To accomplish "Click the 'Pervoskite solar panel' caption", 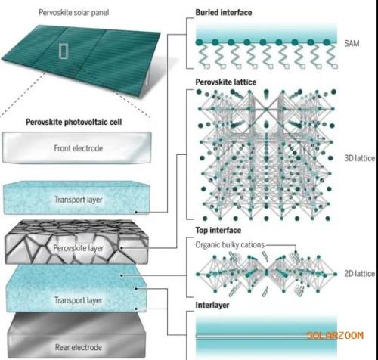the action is point(73,13).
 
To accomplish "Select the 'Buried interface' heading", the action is point(224,13).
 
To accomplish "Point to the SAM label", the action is point(352,43).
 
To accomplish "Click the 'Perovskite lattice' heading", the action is point(226,82).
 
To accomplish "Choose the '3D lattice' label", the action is point(360,158).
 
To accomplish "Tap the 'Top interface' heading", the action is point(218,230).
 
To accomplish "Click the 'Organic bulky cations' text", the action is point(230,245).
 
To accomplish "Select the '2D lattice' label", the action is point(360,274).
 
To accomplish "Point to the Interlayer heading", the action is point(212,305).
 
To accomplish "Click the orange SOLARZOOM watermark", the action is point(335,336).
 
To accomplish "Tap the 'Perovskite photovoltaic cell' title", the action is point(74,122).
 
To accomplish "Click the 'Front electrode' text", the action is point(79,148).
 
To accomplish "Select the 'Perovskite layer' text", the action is point(79,248).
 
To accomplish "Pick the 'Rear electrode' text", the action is point(79,347).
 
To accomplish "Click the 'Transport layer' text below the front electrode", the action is point(79,200).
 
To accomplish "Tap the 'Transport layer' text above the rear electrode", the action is point(79,300).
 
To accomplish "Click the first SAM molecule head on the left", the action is point(200,42).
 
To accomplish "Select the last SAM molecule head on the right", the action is point(327,42).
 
